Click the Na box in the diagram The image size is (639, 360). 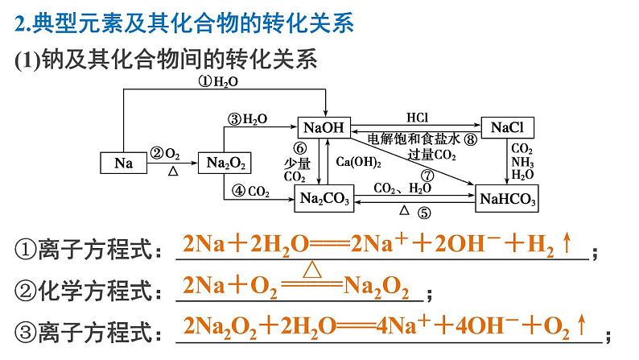123,163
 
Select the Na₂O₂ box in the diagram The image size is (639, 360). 225,163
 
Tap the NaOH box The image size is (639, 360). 324,127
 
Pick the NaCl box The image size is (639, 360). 507,127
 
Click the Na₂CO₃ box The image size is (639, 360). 324,199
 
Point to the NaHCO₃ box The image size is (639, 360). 507,199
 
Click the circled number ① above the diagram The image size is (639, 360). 205,81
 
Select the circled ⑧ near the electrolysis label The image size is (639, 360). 470,139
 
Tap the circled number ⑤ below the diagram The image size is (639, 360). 424,213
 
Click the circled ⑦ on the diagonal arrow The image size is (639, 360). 427,176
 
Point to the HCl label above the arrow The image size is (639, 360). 418,118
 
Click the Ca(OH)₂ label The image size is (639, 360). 359,162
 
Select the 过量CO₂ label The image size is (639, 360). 432,155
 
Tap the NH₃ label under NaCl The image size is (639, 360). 522,162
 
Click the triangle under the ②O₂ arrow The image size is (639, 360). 173,172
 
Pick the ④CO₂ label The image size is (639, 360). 250,191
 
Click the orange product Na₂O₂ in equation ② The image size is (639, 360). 376,287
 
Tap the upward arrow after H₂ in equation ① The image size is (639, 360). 567,243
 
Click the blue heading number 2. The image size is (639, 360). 19,23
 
